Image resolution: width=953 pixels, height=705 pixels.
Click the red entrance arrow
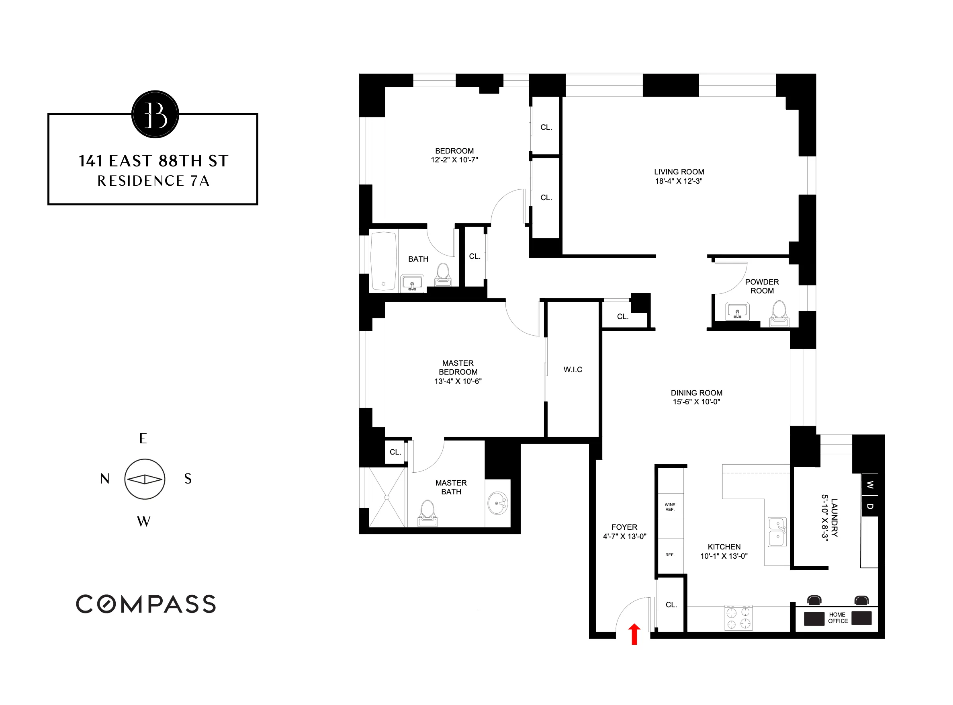tap(634, 635)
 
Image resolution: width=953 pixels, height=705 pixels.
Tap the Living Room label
tap(679, 172)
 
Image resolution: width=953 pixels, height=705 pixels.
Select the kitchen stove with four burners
tap(738, 618)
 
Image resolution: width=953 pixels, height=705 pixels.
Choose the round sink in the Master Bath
tap(498, 504)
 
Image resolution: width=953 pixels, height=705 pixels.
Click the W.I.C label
tap(573, 369)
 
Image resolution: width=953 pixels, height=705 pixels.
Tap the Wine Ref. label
tap(670, 507)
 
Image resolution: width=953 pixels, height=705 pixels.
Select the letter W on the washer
tap(870, 485)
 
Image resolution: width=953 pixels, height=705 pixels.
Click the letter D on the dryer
tap(870, 506)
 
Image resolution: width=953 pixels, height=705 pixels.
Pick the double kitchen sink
tap(777, 532)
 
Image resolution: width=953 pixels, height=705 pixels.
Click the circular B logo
tap(155, 115)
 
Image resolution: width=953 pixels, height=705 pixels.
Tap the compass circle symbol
tap(145, 479)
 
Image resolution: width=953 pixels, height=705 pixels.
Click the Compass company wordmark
tap(146, 604)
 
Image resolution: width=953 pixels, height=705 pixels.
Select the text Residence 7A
tap(153, 181)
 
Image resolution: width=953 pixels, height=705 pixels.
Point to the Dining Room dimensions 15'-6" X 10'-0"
tap(696, 402)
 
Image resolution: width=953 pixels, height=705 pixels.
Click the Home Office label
tap(837, 618)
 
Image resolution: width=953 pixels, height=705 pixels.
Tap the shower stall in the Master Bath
tap(387, 497)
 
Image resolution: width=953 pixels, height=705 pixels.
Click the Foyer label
tap(624, 527)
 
